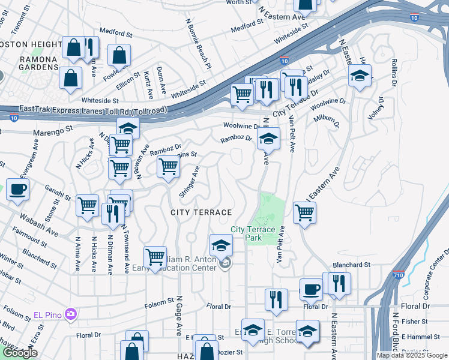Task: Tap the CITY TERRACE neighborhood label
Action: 201,213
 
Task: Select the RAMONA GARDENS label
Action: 29,64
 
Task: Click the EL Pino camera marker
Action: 71,314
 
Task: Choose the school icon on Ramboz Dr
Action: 268,139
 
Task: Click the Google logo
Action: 20,353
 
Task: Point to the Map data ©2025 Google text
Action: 411,355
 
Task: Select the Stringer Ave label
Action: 188,183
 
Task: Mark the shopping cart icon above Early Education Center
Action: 155,257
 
